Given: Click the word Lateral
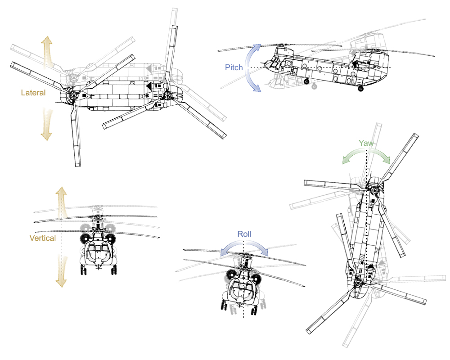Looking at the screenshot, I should click(33, 93).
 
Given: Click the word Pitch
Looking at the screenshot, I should click(234, 67).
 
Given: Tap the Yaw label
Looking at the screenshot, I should click(366, 143).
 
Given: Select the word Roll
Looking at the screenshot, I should click(244, 234).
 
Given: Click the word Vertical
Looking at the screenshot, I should click(42, 238).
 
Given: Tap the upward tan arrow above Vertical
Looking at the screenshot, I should click(61, 202).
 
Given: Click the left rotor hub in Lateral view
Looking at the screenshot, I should click(73, 96).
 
